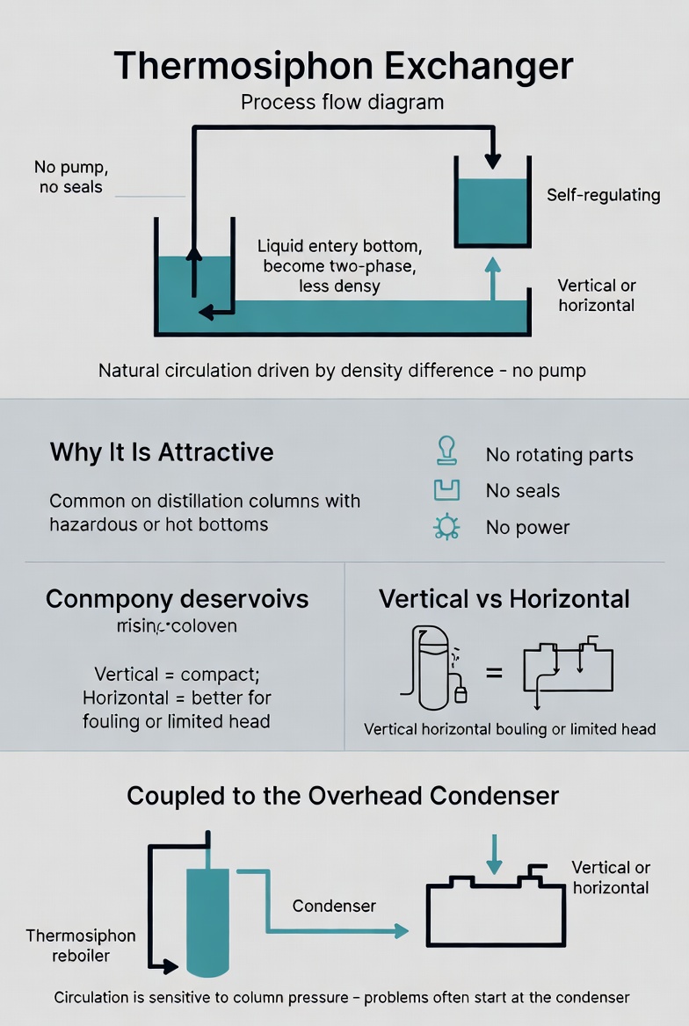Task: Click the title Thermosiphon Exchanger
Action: coord(344,66)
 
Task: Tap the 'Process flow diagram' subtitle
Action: coord(342,102)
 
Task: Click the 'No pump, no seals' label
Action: coord(70,177)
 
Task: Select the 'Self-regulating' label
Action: coord(603,195)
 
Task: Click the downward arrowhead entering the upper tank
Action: coord(492,161)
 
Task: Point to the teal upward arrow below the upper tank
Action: coord(492,278)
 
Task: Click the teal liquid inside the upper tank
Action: coord(492,212)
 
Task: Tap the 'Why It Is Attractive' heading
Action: coord(162,452)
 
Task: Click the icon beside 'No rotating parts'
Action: coord(446,451)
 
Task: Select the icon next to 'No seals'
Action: coord(446,490)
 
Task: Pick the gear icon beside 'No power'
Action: coord(446,527)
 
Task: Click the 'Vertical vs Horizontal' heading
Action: coord(504,599)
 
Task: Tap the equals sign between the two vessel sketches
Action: coord(495,672)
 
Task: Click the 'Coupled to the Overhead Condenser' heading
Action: coord(343,796)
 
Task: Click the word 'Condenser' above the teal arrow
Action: coord(334,906)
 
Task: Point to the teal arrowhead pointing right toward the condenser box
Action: coord(401,931)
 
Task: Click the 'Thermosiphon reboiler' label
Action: coord(81,945)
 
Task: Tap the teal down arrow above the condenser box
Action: coord(495,854)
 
